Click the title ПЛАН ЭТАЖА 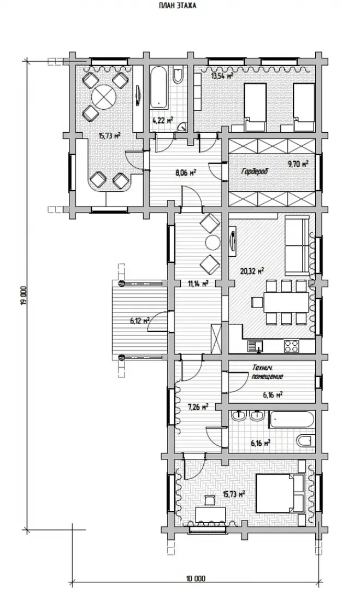click(178, 5)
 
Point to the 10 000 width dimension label click(196, 579)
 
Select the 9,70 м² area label click(298, 164)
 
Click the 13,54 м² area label click(222, 76)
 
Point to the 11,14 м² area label click(198, 283)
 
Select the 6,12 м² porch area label click(140, 321)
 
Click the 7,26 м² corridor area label click(198, 407)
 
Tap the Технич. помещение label click(268, 373)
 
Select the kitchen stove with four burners click(292, 345)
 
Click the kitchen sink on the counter click(256, 345)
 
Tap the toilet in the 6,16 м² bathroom click(305, 439)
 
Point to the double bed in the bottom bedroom click(280, 493)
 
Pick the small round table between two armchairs click(213, 243)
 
